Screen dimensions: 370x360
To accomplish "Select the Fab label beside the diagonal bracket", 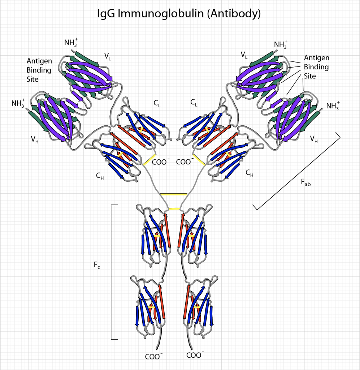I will click(x=305, y=183).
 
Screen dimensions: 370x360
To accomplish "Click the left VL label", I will click(x=107, y=56).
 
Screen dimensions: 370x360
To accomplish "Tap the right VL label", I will click(x=244, y=55).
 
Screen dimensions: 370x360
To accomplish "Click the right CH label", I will click(x=249, y=173).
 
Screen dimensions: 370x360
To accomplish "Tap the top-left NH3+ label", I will click(x=71, y=42).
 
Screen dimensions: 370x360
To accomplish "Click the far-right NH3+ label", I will click(x=334, y=106).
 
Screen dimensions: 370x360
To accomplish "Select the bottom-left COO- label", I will click(x=153, y=356).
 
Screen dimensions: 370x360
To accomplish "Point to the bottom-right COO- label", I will click(x=195, y=355).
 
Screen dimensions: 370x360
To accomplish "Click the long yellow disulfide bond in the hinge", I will click(x=173, y=194).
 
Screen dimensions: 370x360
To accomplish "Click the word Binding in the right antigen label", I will click(x=316, y=67).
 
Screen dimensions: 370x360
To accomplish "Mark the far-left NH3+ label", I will click(x=18, y=103).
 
